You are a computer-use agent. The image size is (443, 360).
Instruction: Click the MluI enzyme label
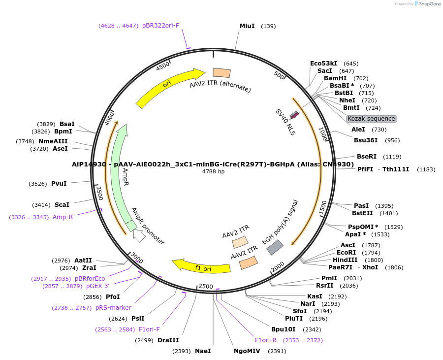pos(247,26)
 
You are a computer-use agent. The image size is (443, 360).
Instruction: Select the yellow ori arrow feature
pos(170,88)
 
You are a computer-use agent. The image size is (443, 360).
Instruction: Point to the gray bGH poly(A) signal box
pos(275,247)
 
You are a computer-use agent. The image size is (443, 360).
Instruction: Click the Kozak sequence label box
pos(371,119)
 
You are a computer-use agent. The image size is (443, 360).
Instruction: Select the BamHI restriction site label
pos(335,78)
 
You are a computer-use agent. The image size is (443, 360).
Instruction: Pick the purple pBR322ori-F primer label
pos(160,25)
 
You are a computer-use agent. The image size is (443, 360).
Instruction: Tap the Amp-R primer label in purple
pos(63,217)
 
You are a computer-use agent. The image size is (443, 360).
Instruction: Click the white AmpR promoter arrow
pos(139,236)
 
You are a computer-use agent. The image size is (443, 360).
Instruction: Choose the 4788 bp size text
pos(213,172)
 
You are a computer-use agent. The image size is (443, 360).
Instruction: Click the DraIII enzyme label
pos(168,340)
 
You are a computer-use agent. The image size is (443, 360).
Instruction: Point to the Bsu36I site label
pos(366,140)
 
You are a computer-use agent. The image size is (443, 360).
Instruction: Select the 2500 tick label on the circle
pos(206,287)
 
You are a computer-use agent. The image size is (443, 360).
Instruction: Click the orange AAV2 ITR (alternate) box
pos(221,73)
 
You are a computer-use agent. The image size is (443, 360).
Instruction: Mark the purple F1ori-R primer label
pos(265,340)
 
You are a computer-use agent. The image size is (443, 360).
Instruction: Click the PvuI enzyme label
pos(59,184)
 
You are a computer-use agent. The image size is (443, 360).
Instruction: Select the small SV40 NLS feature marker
pos(294,115)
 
